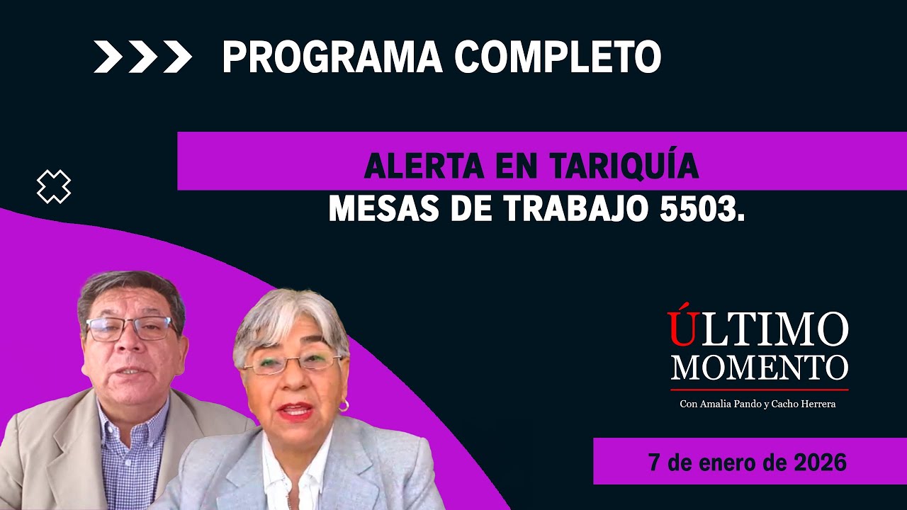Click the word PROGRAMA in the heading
click(x=331, y=57)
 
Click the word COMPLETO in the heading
click(x=558, y=57)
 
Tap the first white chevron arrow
click(x=108, y=57)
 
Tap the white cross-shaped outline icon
click(x=54, y=187)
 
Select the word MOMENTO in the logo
click(x=760, y=368)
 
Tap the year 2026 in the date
click(x=820, y=463)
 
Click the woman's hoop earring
click(x=344, y=406)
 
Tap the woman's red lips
click(x=296, y=410)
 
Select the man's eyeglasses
click(x=131, y=328)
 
